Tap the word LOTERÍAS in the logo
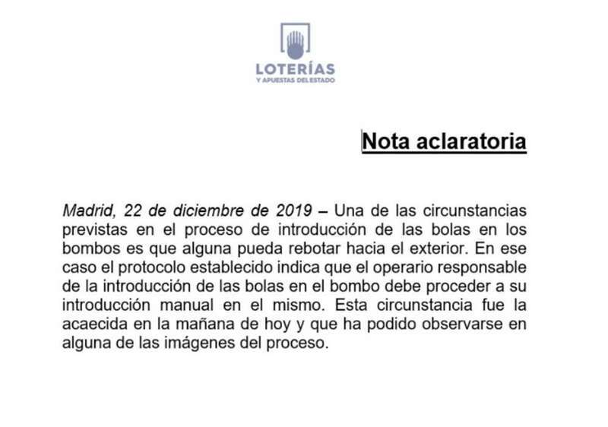tap(296, 69)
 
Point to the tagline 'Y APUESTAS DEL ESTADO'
tap(296, 80)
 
